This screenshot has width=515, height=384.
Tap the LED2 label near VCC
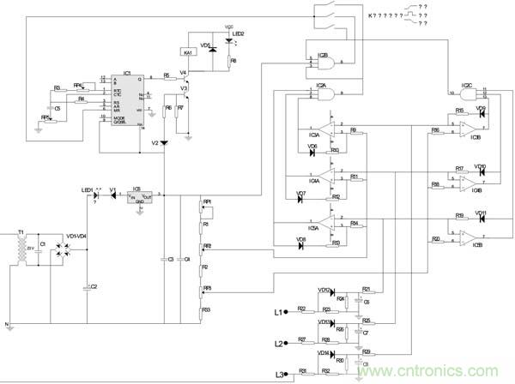(236, 34)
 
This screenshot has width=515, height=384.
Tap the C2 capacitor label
(94, 286)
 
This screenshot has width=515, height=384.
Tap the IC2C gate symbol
(467, 90)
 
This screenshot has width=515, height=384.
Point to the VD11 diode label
(481, 213)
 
